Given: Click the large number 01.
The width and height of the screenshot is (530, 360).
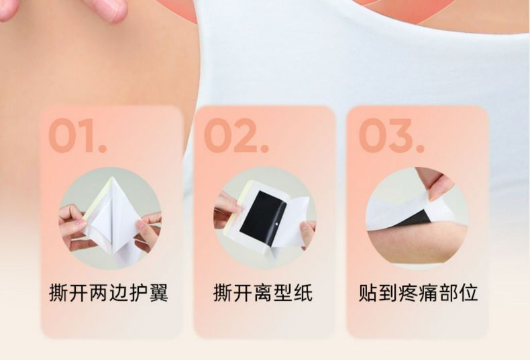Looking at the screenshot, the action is click(x=78, y=135).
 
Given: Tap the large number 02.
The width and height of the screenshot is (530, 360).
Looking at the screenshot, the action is click(x=237, y=135).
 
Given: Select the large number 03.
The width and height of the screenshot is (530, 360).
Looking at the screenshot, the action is click(x=391, y=135).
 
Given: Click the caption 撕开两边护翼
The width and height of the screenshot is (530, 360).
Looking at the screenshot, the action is click(x=109, y=292).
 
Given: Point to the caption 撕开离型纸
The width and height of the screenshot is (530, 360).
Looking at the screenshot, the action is click(x=263, y=292).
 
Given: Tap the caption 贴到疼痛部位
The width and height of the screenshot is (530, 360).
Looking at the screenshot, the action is click(x=418, y=292).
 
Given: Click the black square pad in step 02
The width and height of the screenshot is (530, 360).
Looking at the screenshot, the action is click(x=262, y=217).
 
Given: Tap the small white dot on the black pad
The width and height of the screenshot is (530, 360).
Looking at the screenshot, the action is click(x=278, y=223).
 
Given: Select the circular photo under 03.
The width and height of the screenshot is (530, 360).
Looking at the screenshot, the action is click(x=417, y=218).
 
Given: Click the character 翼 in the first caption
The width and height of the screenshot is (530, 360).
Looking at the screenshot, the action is click(x=158, y=292).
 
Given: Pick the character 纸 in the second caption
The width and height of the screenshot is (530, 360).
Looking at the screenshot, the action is click(x=303, y=292).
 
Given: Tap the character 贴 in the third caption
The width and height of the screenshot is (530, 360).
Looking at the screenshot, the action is click(x=368, y=292).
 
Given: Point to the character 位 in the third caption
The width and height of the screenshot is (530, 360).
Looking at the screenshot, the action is click(x=468, y=292).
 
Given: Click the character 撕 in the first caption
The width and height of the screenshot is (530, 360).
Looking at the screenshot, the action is click(x=59, y=292).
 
